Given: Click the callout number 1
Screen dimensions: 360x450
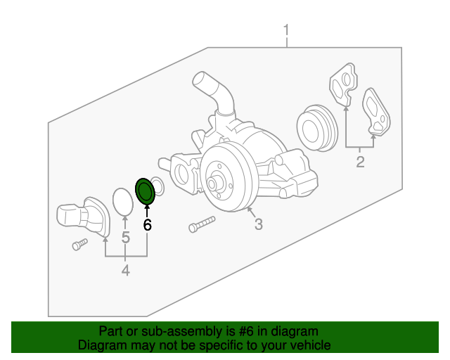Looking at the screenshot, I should click(286, 30).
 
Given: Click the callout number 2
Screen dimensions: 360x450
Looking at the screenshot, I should click(360, 163).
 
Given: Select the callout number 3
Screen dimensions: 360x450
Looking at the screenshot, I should click(259, 224).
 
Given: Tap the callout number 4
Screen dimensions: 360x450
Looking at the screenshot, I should click(125, 271).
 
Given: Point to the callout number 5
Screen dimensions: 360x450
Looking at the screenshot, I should click(125, 238).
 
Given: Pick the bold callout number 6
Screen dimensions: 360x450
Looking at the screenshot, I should click(147, 225).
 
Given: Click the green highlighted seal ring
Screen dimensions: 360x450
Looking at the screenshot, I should click(146, 191).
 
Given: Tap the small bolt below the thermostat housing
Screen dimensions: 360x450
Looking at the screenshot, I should click(79, 244).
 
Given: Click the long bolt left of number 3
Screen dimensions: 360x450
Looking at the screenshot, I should click(200, 225).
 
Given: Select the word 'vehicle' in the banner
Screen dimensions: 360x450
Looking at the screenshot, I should click(310, 345).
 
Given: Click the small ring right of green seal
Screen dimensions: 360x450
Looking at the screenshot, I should click(158, 187).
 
